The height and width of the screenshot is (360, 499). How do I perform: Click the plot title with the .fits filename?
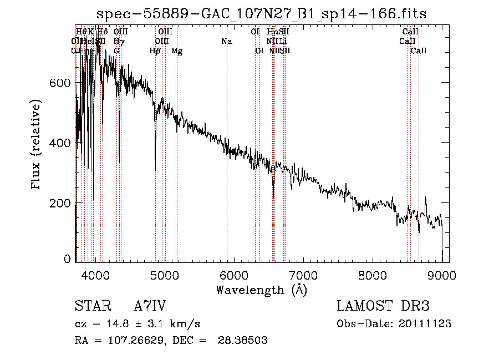pyautogui.click(x=261, y=13)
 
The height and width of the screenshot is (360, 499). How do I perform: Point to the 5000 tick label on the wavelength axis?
pyautogui.click(x=164, y=273)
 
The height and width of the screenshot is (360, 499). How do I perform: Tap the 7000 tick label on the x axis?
pyautogui.click(x=303, y=273)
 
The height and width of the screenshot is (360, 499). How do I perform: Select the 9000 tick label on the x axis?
pyautogui.click(x=441, y=273)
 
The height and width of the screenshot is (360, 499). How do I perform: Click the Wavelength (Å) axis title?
pyautogui.click(x=261, y=290)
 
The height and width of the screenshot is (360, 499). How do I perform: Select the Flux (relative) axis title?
pyautogui.click(x=37, y=145)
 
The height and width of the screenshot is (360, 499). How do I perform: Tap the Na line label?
pyautogui.click(x=226, y=42)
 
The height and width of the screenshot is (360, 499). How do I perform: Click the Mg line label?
pyautogui.click(x=177, y=51)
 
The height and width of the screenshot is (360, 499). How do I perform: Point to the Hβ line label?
pyautogui.click(x=155, y=51)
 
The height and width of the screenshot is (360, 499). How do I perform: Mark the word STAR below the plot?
pyautogui.click(x=92, y=306)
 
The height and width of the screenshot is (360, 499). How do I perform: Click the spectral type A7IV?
pyautogui.click(x=150, y=306)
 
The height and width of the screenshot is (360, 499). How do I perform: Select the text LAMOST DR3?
pyautogui.click(x=383, y=306)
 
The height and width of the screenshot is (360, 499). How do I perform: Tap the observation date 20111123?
pyautogui.click(x=426, y=324)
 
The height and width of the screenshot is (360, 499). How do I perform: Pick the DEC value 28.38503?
pyautogui.click(x=245, y=341)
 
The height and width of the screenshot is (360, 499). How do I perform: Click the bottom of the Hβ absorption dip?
pyautogui.click(x=155, y=169)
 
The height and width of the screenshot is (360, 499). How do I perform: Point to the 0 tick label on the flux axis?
pyautogui.click(x=68, y=258)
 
